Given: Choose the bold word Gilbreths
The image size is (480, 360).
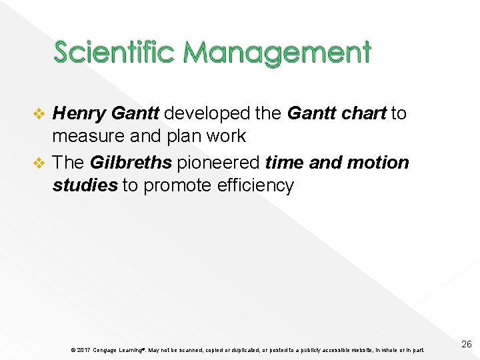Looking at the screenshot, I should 130,163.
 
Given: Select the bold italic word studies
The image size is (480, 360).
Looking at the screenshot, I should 85,185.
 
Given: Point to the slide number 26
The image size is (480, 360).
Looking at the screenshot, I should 467,344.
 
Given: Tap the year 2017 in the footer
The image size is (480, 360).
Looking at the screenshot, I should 83,349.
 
